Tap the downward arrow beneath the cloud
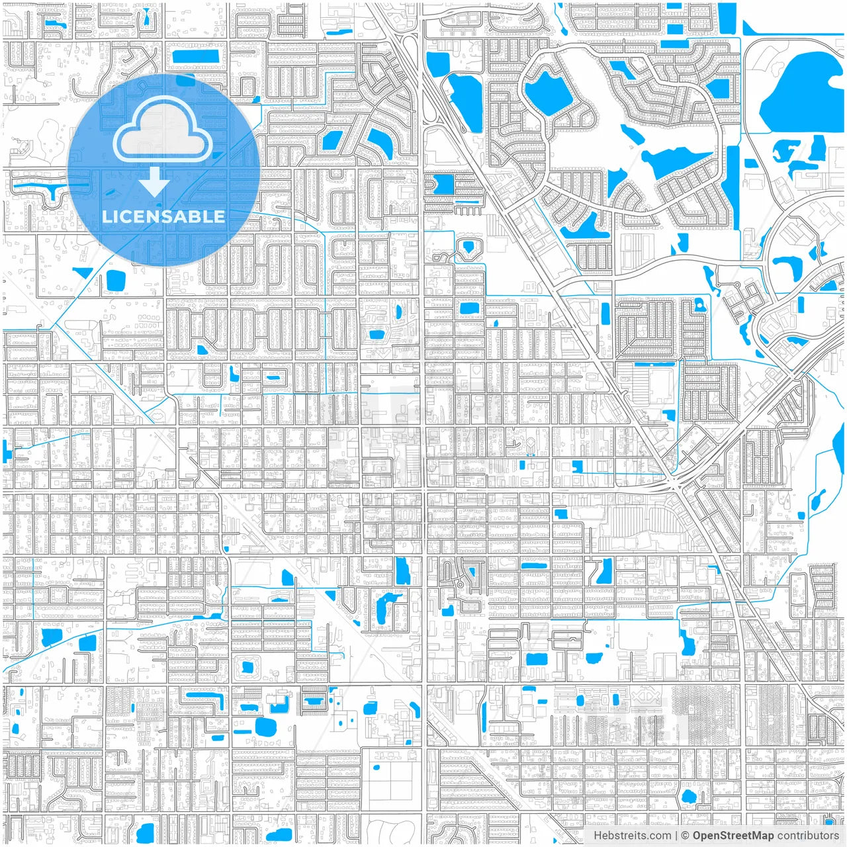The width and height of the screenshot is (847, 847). click(154, 182)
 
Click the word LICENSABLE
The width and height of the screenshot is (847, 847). click(163, 216)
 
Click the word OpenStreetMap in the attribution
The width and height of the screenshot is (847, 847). click(733, 835)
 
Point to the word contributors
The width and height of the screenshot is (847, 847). click(808, 835)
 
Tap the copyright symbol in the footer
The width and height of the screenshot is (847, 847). click(685, 835)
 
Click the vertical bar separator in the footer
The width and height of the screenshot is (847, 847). click(675, 835)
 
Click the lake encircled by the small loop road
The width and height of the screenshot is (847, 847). click(549, 91)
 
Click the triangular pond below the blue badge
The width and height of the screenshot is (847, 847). click(83, 273)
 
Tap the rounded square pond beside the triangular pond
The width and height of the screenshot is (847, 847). click(115, 282)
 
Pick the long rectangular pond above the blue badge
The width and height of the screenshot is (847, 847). click(196, 56)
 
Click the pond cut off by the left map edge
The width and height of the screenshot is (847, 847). click(7, 452)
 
